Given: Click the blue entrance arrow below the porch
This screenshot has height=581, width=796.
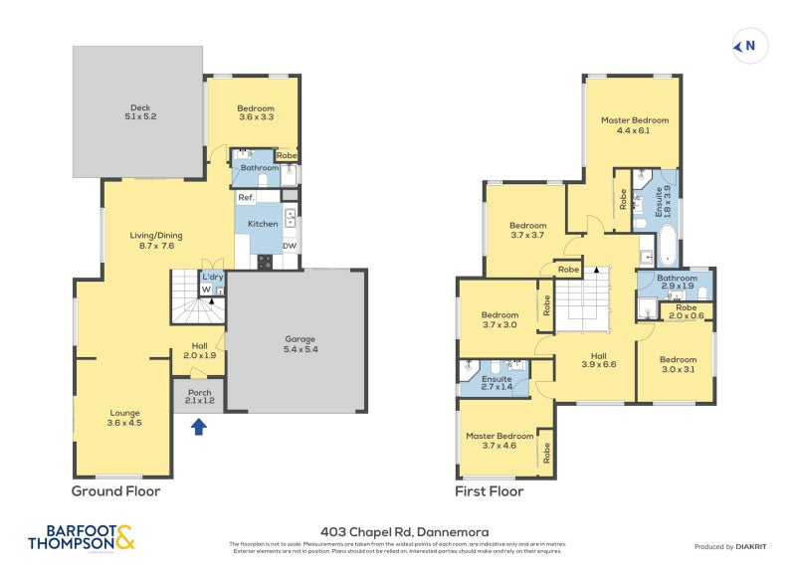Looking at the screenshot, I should [198, 427].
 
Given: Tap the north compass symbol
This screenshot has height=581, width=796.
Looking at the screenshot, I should [745, 46].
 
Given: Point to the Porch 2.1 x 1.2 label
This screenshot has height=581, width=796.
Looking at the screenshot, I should [200, 396].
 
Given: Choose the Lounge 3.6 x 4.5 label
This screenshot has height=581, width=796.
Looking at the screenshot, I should [125, 417].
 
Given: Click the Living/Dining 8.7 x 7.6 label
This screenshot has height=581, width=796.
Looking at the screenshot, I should [156, 241].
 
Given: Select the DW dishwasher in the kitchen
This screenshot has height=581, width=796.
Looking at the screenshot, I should [290, 246].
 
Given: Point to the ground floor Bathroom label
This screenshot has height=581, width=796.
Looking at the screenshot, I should [259, 168].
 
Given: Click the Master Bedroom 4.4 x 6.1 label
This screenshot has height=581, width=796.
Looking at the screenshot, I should [634, 124].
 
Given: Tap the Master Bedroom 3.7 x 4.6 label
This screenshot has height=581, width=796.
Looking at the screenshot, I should [500, 441].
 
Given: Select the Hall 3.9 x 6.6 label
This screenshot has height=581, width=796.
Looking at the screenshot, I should [597, 360].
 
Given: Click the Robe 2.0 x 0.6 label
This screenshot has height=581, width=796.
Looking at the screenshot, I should [687, 311].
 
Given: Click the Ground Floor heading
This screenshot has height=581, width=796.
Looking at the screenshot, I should [115, 491].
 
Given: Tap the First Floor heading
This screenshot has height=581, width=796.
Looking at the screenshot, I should [490, 491].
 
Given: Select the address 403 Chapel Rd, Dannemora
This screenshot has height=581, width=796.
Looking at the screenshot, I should [398, 532].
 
